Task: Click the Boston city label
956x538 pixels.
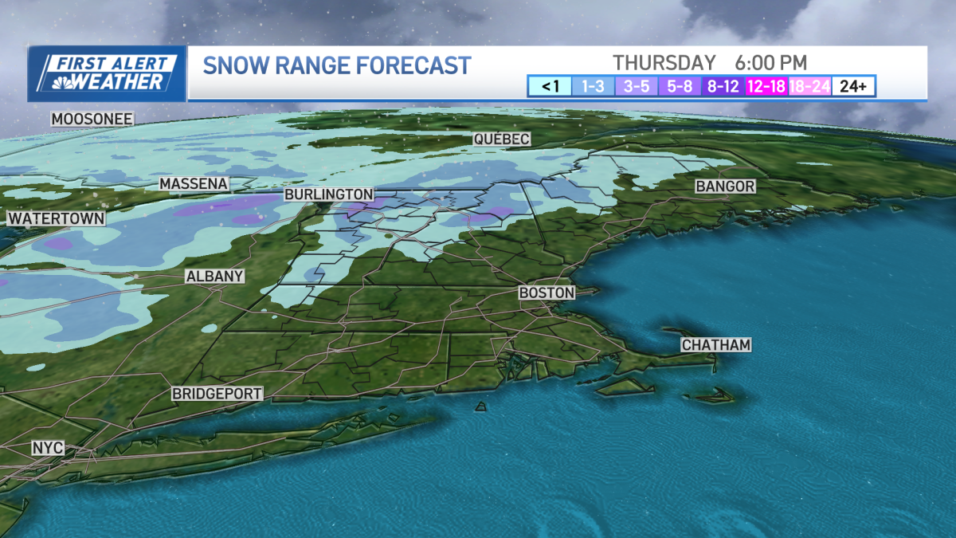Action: tap(547, 293)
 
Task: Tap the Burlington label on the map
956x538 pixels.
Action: tap(329, 194)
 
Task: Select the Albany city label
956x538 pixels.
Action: tap(214, 277)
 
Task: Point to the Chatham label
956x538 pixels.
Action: tap(716, 345)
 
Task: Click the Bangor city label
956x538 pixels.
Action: tap(724, 187)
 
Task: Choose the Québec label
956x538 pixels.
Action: tap(501, 139)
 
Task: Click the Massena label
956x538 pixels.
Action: tap(194, 184)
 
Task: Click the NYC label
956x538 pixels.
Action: tap(48, 448)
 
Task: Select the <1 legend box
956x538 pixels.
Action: tap(549, 86)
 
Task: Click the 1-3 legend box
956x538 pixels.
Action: tap(592, 86)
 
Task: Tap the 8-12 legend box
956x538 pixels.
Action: tap(723, 86)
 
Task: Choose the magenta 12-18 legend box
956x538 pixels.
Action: tap(766, 86)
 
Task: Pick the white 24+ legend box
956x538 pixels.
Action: tap(853, 86)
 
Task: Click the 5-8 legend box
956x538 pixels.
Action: tap(679, 86)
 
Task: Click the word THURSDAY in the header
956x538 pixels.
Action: tap(664, 62)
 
